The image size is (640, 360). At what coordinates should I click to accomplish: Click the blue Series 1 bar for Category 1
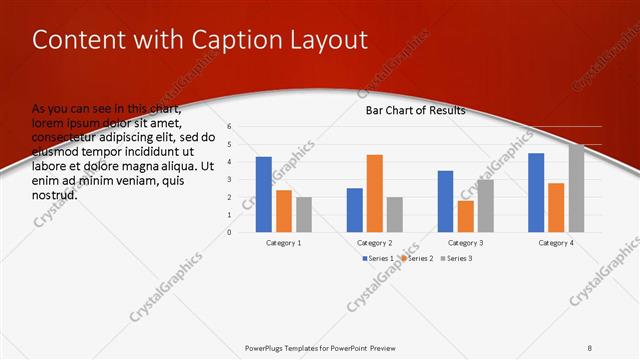264,194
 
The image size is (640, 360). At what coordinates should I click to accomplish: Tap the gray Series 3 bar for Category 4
576,188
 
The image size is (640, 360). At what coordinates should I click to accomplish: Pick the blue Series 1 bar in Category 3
445,201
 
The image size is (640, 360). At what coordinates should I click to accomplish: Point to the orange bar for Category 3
465,216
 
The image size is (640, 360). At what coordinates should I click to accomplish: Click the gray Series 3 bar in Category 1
304,214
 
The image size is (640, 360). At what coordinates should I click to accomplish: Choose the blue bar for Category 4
536,192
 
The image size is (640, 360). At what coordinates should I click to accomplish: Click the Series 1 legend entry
377,258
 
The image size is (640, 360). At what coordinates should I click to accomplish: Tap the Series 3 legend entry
458,258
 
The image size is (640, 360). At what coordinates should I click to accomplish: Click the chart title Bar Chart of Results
415,110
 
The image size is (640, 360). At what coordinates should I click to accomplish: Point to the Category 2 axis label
375,243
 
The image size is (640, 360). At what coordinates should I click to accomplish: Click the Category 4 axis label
556,243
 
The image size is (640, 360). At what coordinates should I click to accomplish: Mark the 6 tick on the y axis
229,127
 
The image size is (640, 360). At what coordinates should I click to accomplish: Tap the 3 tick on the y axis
229,180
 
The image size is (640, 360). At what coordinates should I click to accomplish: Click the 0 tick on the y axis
229,232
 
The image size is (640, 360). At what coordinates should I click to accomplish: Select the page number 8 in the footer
590,347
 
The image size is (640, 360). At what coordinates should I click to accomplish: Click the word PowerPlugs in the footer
268,347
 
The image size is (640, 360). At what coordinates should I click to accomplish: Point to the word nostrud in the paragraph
55,195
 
